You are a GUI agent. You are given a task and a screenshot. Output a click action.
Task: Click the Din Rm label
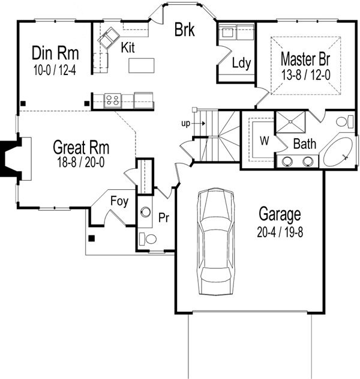55,53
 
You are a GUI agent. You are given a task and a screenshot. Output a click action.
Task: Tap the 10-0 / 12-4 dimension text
55,70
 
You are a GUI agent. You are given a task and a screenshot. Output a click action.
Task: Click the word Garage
280,213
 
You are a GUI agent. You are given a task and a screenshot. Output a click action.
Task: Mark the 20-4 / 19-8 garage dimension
280,231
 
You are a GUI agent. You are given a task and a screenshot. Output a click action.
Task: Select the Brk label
184,29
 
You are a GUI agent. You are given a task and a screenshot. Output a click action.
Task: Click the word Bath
305,144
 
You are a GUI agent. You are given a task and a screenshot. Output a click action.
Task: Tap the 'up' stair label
186,124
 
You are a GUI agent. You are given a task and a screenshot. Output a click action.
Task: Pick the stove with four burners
112,100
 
